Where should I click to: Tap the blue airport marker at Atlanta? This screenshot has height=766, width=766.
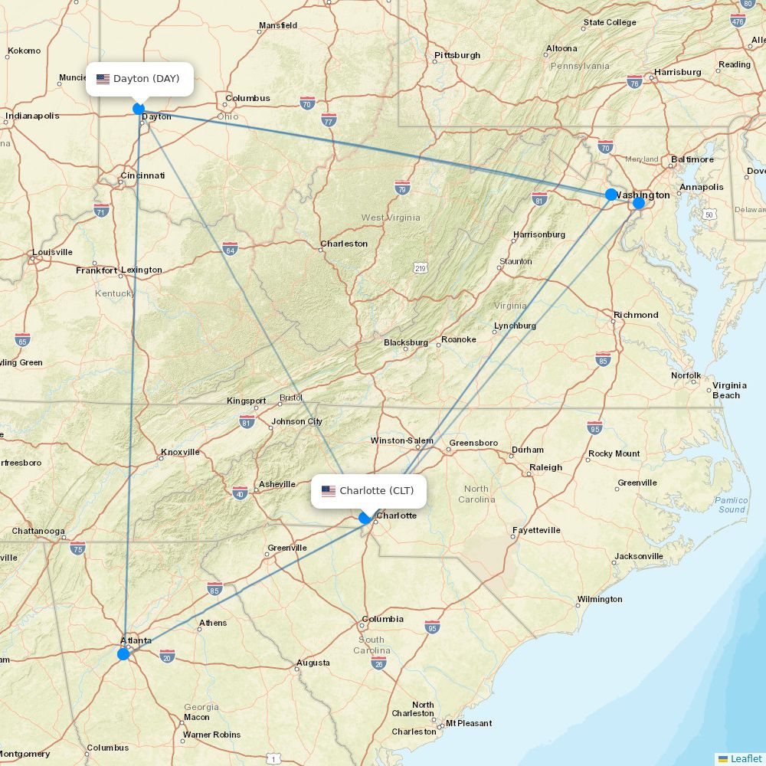coord(123,653)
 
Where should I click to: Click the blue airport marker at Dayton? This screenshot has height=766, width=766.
coord(139,109)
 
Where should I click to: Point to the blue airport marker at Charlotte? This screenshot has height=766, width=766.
coord(365,518)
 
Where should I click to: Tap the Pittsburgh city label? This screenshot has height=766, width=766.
coord(457,55)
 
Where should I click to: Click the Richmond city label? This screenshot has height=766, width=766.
coord(636,315)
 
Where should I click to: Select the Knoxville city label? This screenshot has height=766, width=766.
coord(180,452)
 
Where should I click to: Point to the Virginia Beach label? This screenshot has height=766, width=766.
coord(729,390)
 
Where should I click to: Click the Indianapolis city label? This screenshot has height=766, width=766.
coord(32,116)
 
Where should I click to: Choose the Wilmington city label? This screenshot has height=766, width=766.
coord(600,599)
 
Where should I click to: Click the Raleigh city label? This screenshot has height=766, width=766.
coord(545,467)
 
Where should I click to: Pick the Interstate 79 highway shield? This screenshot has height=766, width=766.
coord(403,187)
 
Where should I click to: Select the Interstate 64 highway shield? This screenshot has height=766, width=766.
coord(230,247)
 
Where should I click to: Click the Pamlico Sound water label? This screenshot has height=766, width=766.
coord(731,505)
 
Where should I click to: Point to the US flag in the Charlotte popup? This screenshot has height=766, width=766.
coord(329,491)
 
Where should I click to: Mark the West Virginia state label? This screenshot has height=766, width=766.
coord(391,218)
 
